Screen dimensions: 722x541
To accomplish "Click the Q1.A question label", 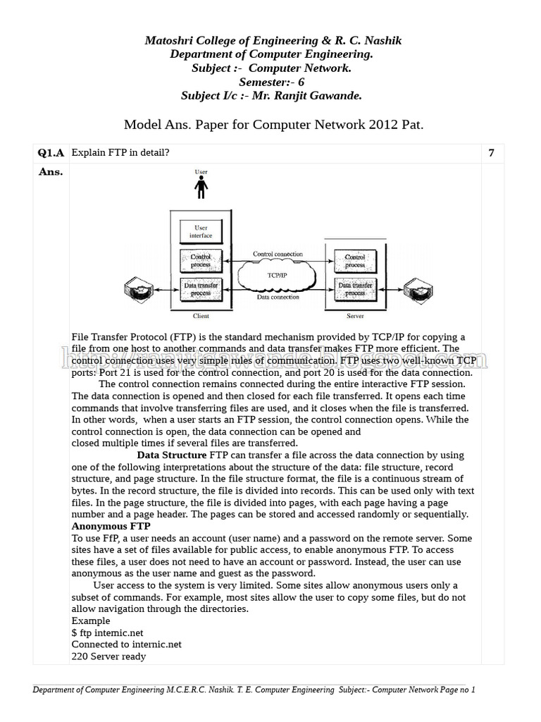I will coord(51,153).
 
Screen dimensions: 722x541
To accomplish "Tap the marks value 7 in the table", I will coord(491,153).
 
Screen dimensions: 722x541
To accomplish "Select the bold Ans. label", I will coord(51,172).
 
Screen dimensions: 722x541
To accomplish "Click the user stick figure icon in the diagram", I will coord(201,187).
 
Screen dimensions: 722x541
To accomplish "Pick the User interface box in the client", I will coord(201,232).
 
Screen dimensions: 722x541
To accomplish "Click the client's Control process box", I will coord(201,260).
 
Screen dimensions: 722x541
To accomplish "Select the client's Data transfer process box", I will coord(201,288).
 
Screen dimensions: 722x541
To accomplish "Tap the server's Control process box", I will coord(355,260).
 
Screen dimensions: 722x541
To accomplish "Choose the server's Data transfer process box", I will coord(355,288).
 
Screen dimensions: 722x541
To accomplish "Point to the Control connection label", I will coord(278,254).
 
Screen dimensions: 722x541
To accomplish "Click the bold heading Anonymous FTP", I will coord(111,527).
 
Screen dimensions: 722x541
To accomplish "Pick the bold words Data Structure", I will coord(171,455).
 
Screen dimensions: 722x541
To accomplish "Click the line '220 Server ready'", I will coord(108,656).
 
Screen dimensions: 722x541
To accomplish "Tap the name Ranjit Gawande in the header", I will coord(323,95).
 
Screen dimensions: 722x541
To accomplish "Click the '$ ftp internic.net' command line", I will coord(108,633).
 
